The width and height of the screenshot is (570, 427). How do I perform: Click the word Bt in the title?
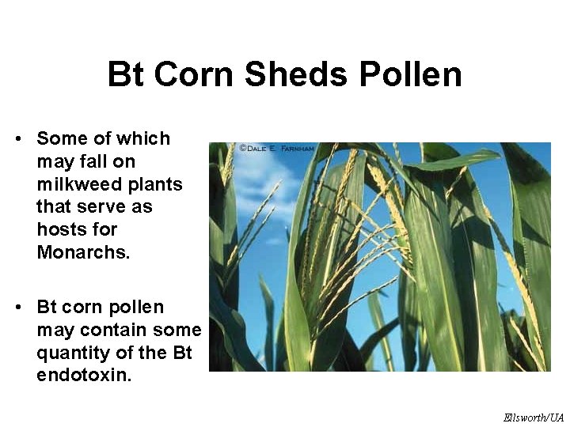tap(127, 75)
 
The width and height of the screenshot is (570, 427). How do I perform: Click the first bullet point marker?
tap(17, 140)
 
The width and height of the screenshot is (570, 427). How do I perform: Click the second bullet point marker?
tap(17, 308)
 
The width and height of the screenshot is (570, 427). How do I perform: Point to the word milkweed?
tap(75, 184)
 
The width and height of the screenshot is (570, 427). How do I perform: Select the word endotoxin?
tap(84, 375)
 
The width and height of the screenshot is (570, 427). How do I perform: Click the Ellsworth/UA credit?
tap(534, 418)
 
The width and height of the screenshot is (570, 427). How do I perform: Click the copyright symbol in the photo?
tap(242, 148)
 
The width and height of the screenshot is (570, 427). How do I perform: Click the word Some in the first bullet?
tap(62, 139)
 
